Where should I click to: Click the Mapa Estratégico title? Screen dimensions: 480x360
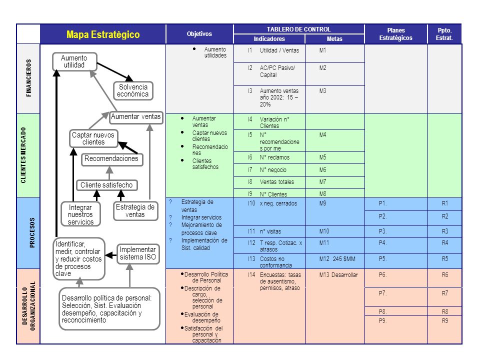click(x=103, y=34)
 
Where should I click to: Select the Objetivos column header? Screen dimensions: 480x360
click(x=199, y=34)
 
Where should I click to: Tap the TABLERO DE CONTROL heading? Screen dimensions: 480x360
click(x=298, y=29)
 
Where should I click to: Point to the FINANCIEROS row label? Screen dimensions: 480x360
click(x=29, y=78)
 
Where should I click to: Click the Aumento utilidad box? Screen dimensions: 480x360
click(x=74, y=61)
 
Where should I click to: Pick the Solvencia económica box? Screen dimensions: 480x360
click(x=133, y=90)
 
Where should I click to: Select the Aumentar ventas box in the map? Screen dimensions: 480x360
click(x=136, y=117)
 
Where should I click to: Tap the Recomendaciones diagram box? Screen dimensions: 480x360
click(x=111, y=159)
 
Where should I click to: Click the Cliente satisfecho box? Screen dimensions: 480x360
click(x=106, y=185)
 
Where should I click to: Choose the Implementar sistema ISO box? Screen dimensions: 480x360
click(x=138, y=253)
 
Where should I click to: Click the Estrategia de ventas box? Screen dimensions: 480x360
click(x=135, y=211)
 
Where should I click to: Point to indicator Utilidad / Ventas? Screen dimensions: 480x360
click(x=279, y=50)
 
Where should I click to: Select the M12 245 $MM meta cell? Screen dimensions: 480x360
click(x=337, y=259)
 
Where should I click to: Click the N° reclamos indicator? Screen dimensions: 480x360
click(x=274, y=157)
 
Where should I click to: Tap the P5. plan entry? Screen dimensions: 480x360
click(x=382, y=259)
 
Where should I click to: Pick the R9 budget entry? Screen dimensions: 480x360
click(x=445, y=321)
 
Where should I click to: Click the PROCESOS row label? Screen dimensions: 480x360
click(x=32, y=232)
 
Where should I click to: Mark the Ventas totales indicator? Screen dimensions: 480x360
click(x=276, y=182)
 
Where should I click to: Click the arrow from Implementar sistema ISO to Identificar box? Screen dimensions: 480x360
click(x=111, y=255)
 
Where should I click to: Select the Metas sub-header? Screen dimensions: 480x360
click(x=334, y=39)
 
